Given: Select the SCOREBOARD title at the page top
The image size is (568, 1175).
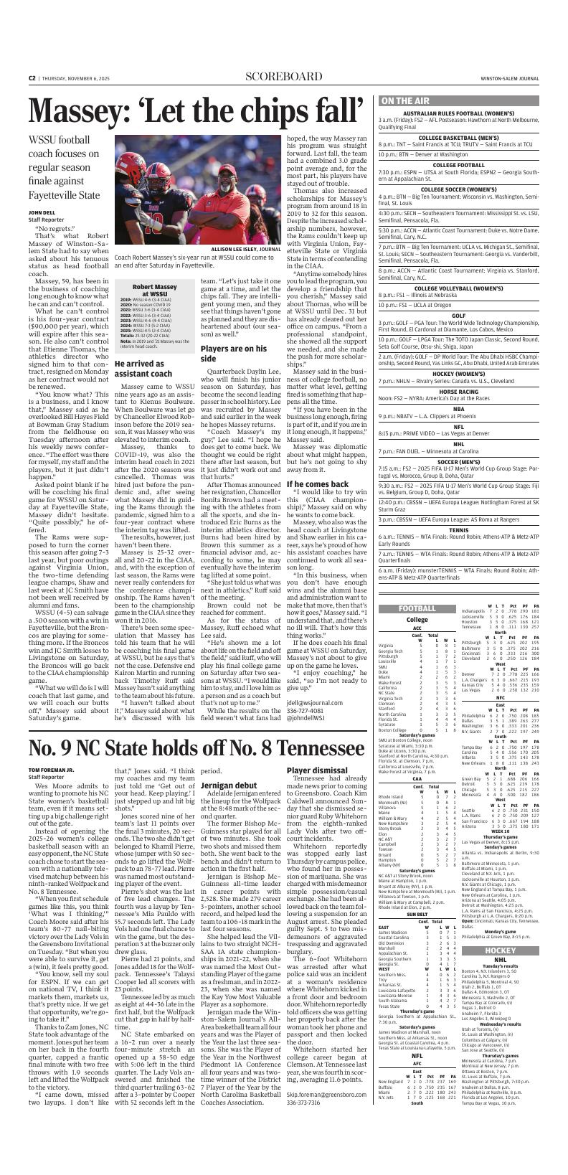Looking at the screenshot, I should point(283,77).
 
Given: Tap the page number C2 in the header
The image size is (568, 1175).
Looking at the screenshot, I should point(32,77).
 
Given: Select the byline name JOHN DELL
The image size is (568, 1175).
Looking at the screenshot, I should point(42,213).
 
